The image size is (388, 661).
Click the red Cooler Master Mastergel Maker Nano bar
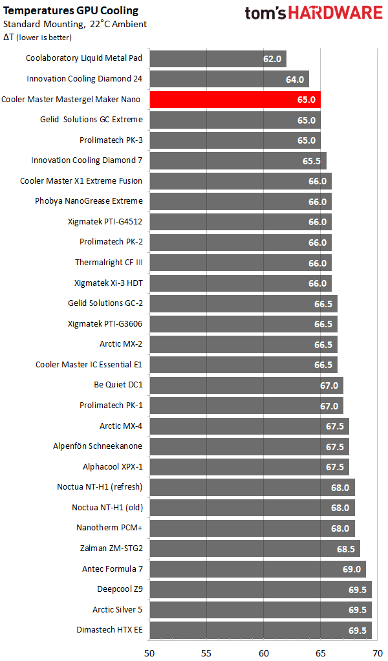[x=235, y=100]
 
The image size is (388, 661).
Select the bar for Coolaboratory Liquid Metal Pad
[x=217, y=59]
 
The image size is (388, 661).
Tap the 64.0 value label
[x=294, y=80]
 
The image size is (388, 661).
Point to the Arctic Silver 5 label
[x=117, y=609]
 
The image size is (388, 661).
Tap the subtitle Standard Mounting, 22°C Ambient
[x=74, y=24]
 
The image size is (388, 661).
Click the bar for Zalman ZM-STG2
[x=255, y=548]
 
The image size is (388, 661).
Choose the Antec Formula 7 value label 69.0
[x=351, y=569]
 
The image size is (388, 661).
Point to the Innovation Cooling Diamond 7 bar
[x=238, y=160]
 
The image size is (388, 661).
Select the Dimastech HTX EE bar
[x=261, y=630]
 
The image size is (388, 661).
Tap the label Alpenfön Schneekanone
[x=98, y=446]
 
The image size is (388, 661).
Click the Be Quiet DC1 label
[x=118, y=385]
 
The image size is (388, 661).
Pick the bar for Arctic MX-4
[x=249, y=426]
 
